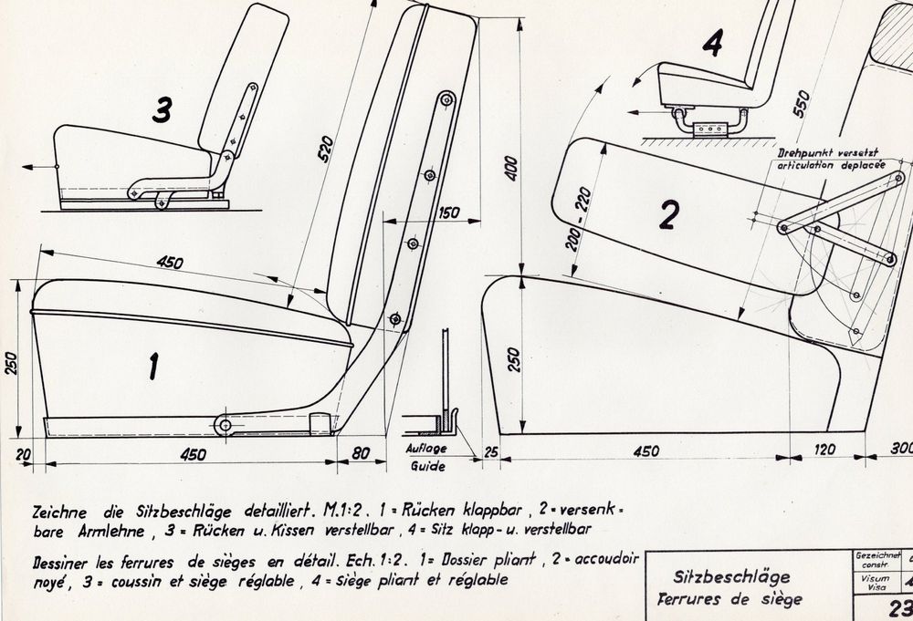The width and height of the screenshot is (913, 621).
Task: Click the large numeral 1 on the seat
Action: point(153,367)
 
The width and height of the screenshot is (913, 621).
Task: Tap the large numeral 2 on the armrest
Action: point(669,214)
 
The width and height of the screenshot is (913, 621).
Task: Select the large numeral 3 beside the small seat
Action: point(163,110)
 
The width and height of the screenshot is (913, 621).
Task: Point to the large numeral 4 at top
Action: point(713,43)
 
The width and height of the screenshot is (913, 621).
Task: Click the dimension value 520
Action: point(326,149)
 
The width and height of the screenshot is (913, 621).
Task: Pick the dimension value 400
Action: point(510,168)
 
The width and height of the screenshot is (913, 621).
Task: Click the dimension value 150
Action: point(448,212)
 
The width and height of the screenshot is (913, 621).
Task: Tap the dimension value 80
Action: point(361,453)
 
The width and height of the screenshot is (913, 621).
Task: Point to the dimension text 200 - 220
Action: point(579,219)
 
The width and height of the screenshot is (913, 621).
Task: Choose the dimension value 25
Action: point(491,451)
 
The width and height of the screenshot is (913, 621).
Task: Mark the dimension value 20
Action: point(24,454)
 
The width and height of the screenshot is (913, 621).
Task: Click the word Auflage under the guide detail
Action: point(426,449)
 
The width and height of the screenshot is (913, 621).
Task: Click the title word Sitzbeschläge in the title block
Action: point(732,577)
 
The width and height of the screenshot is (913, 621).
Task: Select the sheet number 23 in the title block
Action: point(900,607)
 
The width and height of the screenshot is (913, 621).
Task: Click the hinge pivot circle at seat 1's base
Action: point(224,426)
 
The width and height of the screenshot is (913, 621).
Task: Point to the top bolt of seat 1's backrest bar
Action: point(446,99)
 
